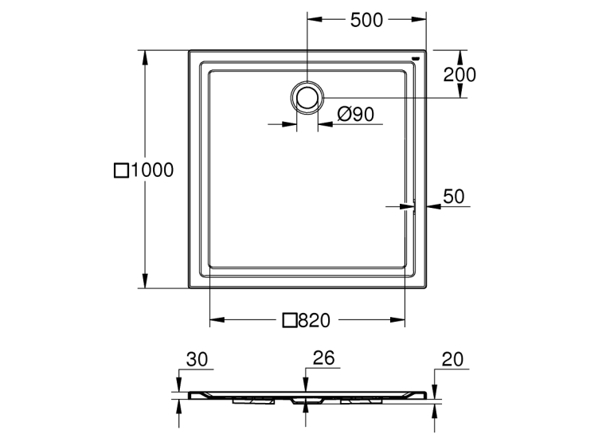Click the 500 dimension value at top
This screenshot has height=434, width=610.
[x=366, y=20]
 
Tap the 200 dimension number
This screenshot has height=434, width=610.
[x=459, y=75]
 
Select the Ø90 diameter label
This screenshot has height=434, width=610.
[x=356, y=115]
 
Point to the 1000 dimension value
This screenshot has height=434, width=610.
[x=153, y=170]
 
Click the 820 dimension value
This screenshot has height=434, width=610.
[x=315, y=320]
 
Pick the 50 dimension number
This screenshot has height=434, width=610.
[x=454, y=197]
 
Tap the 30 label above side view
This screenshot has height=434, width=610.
[x=197, y=360]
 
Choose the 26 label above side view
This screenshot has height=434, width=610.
[x=323, y=358]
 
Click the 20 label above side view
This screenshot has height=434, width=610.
[x=452, y=360]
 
